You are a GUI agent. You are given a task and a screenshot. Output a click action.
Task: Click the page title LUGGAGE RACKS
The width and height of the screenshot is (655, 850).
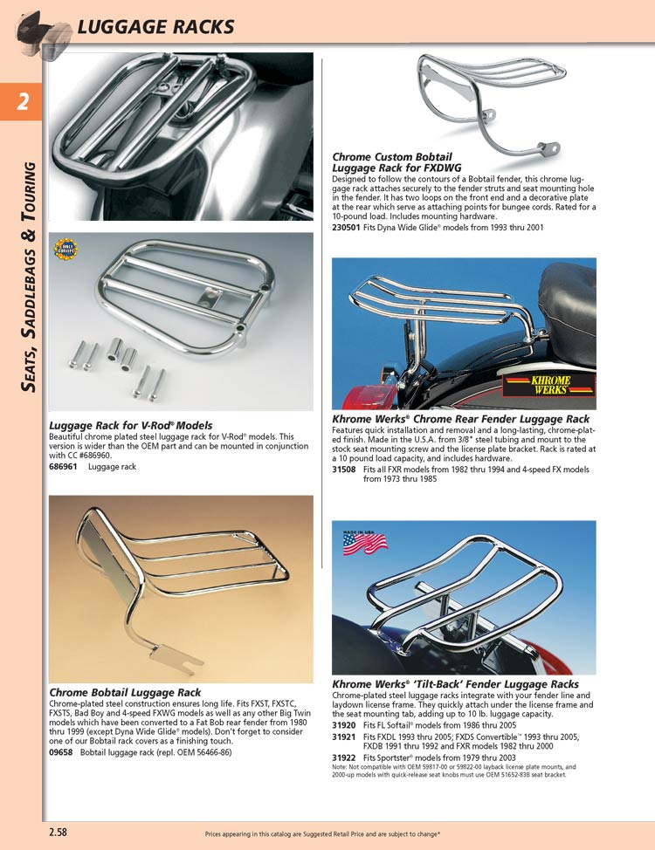click(x=155, y=27)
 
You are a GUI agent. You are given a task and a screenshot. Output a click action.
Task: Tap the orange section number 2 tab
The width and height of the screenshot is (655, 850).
click(x=22, y=102)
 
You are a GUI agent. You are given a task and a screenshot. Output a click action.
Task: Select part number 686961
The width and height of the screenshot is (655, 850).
click(x=63, y=467)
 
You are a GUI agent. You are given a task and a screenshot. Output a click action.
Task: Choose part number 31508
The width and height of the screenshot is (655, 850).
click(x=344, y=470)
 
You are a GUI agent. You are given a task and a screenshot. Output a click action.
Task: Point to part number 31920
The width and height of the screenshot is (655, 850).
click(x=344, y=725)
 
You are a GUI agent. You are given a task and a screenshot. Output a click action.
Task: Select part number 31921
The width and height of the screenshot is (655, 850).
click(x=344, y=737)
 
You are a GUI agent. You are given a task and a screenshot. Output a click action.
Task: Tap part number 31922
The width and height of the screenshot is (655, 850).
click(x=344, y=757)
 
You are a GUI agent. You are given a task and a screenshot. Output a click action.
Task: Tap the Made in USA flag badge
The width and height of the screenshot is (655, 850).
click(x=365, y=543)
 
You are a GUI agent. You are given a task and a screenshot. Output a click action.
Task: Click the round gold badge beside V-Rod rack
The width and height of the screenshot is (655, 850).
click(x=65, y=250)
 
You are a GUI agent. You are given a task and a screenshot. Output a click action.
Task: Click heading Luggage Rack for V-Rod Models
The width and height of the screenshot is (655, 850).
click(x=131, y=426)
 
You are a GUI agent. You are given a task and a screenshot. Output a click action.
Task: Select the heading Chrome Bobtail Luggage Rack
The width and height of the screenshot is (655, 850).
click(x=125, y=692)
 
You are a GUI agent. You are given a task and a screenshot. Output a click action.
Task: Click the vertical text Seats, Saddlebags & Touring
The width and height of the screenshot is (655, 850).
click(x=30, y=275)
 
